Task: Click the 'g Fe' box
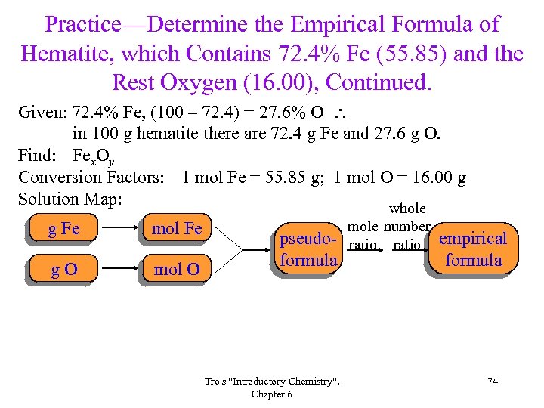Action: click(x=64, y=228)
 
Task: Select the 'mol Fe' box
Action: click(x=177, y=228)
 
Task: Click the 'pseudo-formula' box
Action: click(x=308, y=250)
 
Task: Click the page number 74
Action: click(x=493, y=382)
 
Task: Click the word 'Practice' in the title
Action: click(x=82, y=24)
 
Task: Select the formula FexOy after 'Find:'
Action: click(x=94, y=158)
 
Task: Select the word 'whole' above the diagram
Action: click(x=407, y=209)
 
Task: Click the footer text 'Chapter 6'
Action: click(x=272, y=394)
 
